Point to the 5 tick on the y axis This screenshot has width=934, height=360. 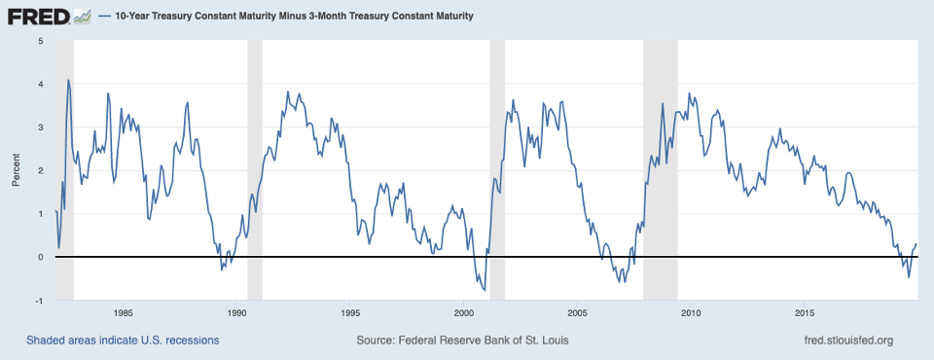pyautogui.click(x=40, y=41)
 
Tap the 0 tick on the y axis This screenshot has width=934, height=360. pyautogui.click(x=40, y=257)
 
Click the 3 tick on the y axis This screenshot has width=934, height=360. pyautogui.click(x=40, y=127)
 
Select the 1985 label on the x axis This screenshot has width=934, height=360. pyautogui.click(x=123, y=313)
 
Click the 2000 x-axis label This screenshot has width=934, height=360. pyautogui.click(x=463, y=313)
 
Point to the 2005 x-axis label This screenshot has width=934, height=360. pyautogui.click(x=577, y=313)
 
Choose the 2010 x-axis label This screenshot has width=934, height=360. pyautogui.click(x=691, y=313)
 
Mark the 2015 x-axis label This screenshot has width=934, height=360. pyautogui.click(x=805, y=313)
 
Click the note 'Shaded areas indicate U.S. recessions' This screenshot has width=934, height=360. pyautogui.click(x=123, y=341)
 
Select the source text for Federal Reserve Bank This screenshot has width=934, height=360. pyautogui.click(x=463, y=341)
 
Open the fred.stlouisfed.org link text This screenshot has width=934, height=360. pyautogui.click(x=843, y=341)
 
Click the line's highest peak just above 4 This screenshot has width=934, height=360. pyautogui.click(x=68, y=80)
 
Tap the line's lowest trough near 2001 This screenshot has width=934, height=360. pyautogui.click(x=484, y=290)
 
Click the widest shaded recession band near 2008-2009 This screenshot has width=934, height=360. pyautogui.click(x=661, y=170)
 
